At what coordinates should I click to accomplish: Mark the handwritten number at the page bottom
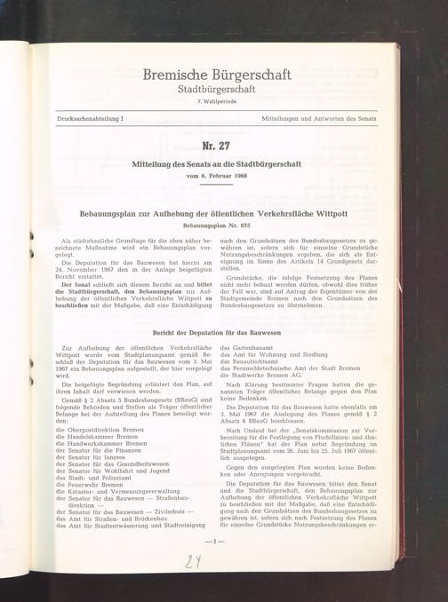[193, 561]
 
